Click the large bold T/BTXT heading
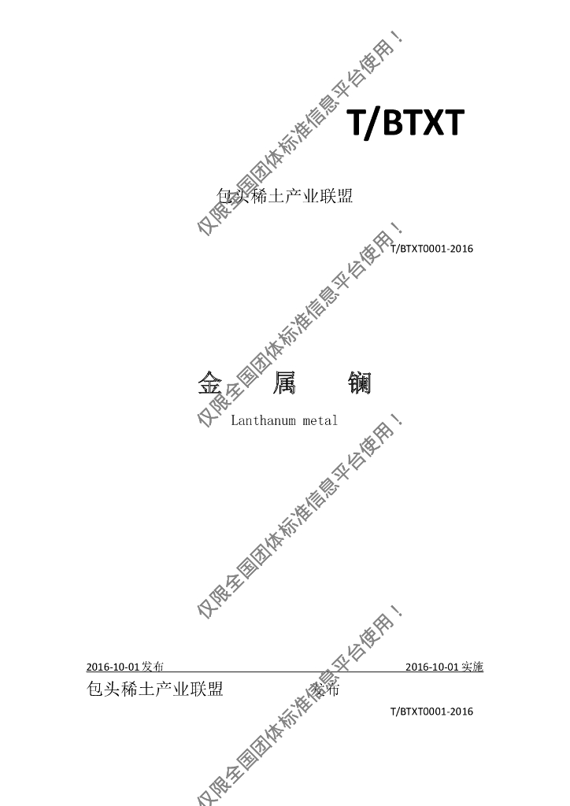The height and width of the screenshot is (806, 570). click(405, 123)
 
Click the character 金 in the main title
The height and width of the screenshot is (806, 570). click(209, 383)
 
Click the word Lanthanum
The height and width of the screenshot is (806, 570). click(263, 420)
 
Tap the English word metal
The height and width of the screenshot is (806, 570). click(320, 420)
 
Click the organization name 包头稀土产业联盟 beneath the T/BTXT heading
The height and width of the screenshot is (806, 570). click(283, 196)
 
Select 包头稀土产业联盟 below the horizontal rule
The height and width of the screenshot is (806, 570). click(153, 690)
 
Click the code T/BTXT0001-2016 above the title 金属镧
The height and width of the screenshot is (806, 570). click(431, 249)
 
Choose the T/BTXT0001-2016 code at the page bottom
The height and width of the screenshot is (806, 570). click(431, 712)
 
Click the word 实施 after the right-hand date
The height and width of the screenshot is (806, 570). click(472, 667)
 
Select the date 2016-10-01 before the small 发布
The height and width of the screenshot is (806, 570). click(113, 667)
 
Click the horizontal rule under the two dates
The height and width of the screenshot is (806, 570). click(283, 673)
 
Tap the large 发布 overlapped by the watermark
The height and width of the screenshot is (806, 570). click(326, 690)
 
